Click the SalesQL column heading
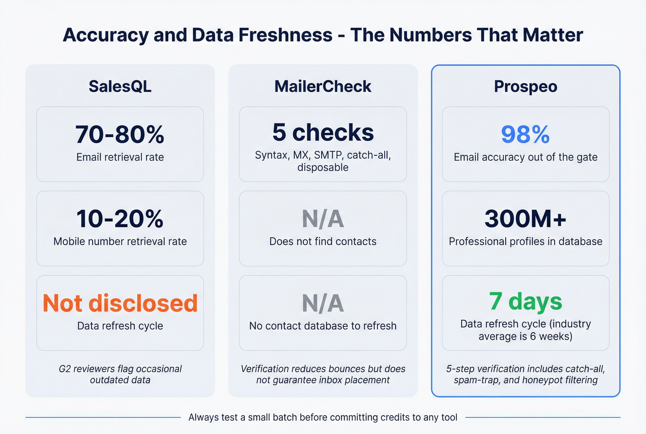[x=120, y=86]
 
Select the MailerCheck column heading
[x=323, y=86]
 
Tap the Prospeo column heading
[x=526, y=86]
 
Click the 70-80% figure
[x=120, y=134]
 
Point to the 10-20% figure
[x=120, y=219]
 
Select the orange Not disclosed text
[x=120, y=303]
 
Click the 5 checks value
[x=323, y=132]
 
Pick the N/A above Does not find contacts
[x=323, y=219]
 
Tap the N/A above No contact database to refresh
[x=323, y=303]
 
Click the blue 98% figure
[x=525, y=134]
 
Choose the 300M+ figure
[x=525, y=219]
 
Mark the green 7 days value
[x=526, y=301]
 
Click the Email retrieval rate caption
[x=120, y=157]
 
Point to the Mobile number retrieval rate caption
[x=120, y=241]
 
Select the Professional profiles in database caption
[x=526, y=241]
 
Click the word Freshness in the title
[x=262, y=35]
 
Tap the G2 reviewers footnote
[x=120, y=374]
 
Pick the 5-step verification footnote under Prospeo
[x=526, y=374]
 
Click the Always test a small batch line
[x=323, y=417]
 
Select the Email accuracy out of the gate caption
[x=526, y=157]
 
